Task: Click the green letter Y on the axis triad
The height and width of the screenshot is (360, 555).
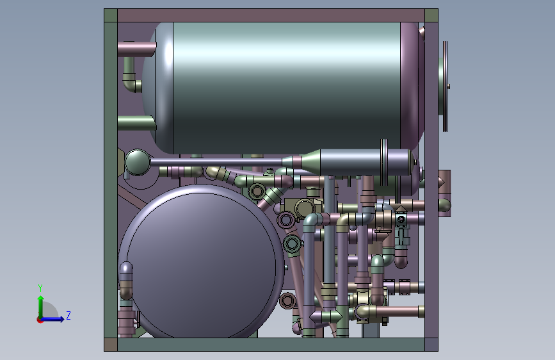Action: pos(40,288)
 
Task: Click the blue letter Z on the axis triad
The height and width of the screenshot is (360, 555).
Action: pos(68,315)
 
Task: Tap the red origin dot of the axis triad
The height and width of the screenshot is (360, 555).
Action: pos(40,320)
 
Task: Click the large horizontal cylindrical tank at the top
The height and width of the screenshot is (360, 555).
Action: pos(283,88)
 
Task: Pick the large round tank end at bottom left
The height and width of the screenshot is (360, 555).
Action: pos(201,262)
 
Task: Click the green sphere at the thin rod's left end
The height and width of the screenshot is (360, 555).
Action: pos(138,162)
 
